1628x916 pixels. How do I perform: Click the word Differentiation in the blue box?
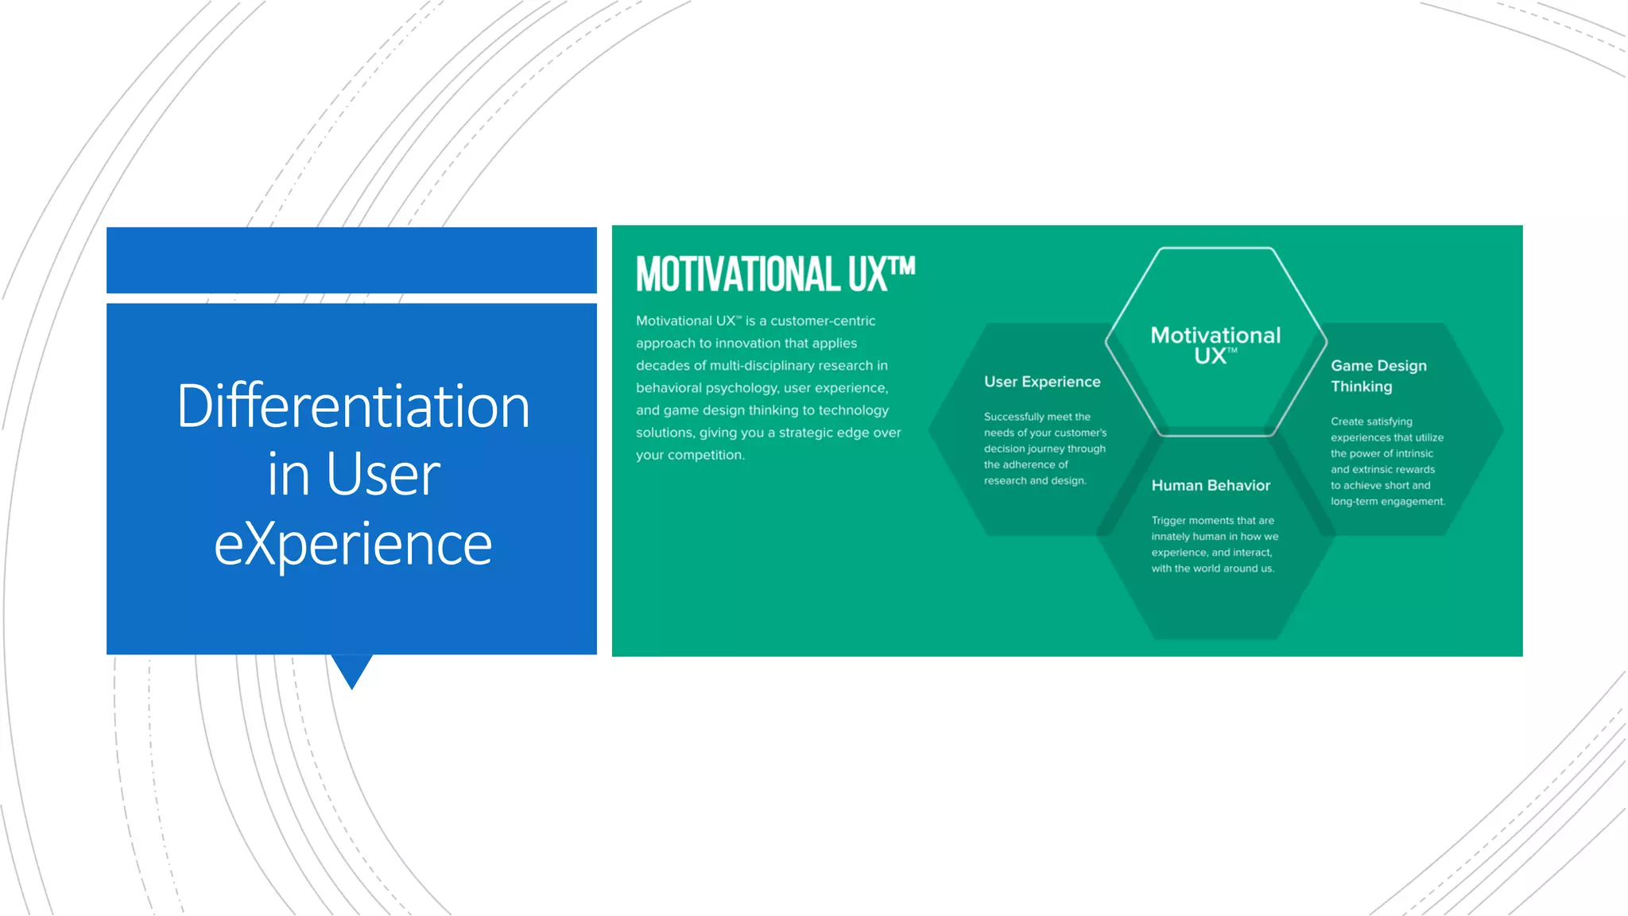point(352,406)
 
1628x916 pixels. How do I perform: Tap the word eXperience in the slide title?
point(352,545)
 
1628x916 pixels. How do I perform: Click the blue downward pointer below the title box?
point(351,670)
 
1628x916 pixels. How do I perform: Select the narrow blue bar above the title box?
point(351,260)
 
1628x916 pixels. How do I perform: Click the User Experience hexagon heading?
point(1042,382)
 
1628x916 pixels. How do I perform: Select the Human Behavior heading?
point(1210,485)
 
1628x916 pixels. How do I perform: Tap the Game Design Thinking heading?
point(1378,375)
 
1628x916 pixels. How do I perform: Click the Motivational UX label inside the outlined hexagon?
point(1215,344)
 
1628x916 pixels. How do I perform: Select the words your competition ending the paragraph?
point(689,455)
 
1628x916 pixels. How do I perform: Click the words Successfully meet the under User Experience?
point(1037,417)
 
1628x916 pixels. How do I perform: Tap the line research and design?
point(1034,480)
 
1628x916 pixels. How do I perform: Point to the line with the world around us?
point(1212,568)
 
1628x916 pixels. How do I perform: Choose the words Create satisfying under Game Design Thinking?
point(1371,421)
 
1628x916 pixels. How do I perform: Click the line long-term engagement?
point(1387,501)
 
